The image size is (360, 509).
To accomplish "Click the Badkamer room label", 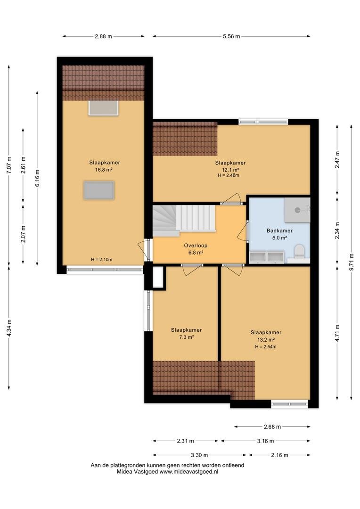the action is point(279,230).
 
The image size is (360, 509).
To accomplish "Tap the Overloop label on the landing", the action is point(196,246).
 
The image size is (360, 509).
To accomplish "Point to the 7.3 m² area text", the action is point(186,337).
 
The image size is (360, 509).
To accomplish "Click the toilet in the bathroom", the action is point(299,252).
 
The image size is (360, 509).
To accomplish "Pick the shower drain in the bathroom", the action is point(297,210).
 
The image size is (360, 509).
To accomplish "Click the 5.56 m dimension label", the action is point(231,36).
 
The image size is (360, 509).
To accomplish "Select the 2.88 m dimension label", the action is point(103,36).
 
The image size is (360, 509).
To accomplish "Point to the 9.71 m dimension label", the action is point(352,262).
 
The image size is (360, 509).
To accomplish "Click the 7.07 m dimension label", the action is point(9,165).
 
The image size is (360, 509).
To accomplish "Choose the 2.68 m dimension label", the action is point(272,427).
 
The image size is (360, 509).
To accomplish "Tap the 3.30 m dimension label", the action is point(199,455).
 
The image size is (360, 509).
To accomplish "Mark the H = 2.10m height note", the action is point(102,259).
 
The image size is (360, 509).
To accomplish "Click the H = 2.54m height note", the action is point(266,347).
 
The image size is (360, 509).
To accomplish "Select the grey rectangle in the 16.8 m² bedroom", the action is point(99,190).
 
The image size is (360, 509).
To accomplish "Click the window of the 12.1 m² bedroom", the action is point(263,122).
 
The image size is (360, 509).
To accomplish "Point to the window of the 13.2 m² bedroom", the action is point(290,404).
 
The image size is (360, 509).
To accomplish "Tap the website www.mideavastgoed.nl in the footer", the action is point(188,472).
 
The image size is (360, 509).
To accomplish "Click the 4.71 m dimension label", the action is point(337,333).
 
